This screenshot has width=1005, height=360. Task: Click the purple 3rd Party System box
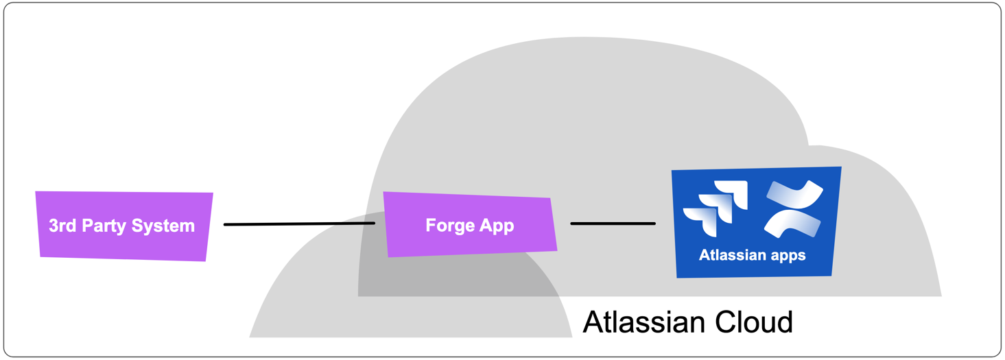click(123, 226)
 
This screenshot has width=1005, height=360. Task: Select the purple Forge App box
click(470, 225)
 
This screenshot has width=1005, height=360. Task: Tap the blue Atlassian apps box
click(755, 222)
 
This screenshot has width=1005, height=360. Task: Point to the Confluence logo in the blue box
click(793, 208)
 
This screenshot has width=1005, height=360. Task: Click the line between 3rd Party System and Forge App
click(299, 224)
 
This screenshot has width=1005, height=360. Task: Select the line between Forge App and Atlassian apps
click(613, 224)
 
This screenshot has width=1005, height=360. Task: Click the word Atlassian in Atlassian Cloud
click(643, 322)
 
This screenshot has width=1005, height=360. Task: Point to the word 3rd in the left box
click(63, 226)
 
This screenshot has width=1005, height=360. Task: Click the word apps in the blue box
click(788, 256)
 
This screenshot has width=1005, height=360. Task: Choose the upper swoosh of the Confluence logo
click(796, 194)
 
